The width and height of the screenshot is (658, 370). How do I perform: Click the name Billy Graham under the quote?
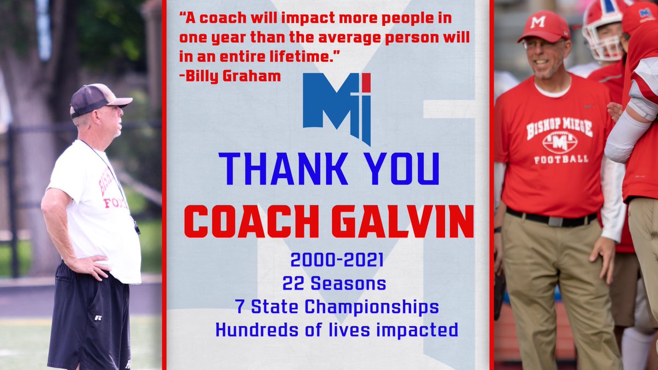click(x=234, y=76)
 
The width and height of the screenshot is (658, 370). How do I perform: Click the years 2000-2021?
click(x=337, y=259)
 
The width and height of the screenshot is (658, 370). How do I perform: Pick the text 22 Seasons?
click(x=334, y=283)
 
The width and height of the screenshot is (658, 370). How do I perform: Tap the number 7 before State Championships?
click(x=239, y=307)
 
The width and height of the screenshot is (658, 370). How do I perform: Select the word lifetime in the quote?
click(x=307, y=56)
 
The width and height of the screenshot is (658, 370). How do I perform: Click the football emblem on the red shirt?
click(x=559, y=142)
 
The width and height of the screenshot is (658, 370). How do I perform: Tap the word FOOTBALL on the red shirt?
click(x=560, y=160)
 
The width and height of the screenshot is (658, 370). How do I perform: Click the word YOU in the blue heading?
click(x=402, y=169)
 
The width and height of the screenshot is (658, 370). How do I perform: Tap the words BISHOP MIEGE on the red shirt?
click(x=559, y=126)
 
